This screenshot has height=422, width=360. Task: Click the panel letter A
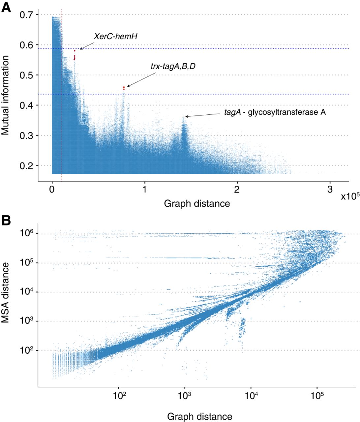pyautogui.click(x=6, y=7)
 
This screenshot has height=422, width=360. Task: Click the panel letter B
pyautogui.click(x=6, y=220)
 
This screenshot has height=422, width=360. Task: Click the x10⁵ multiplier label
pyautogui.click(x=350, y=196)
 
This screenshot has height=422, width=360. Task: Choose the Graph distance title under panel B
pyautogui.click(x=199, y=416)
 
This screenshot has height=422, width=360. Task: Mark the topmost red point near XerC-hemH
pyautogui.click(x=75, y=51)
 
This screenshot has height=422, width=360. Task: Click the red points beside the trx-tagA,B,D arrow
pyautogui.click(x=124, y=88)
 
